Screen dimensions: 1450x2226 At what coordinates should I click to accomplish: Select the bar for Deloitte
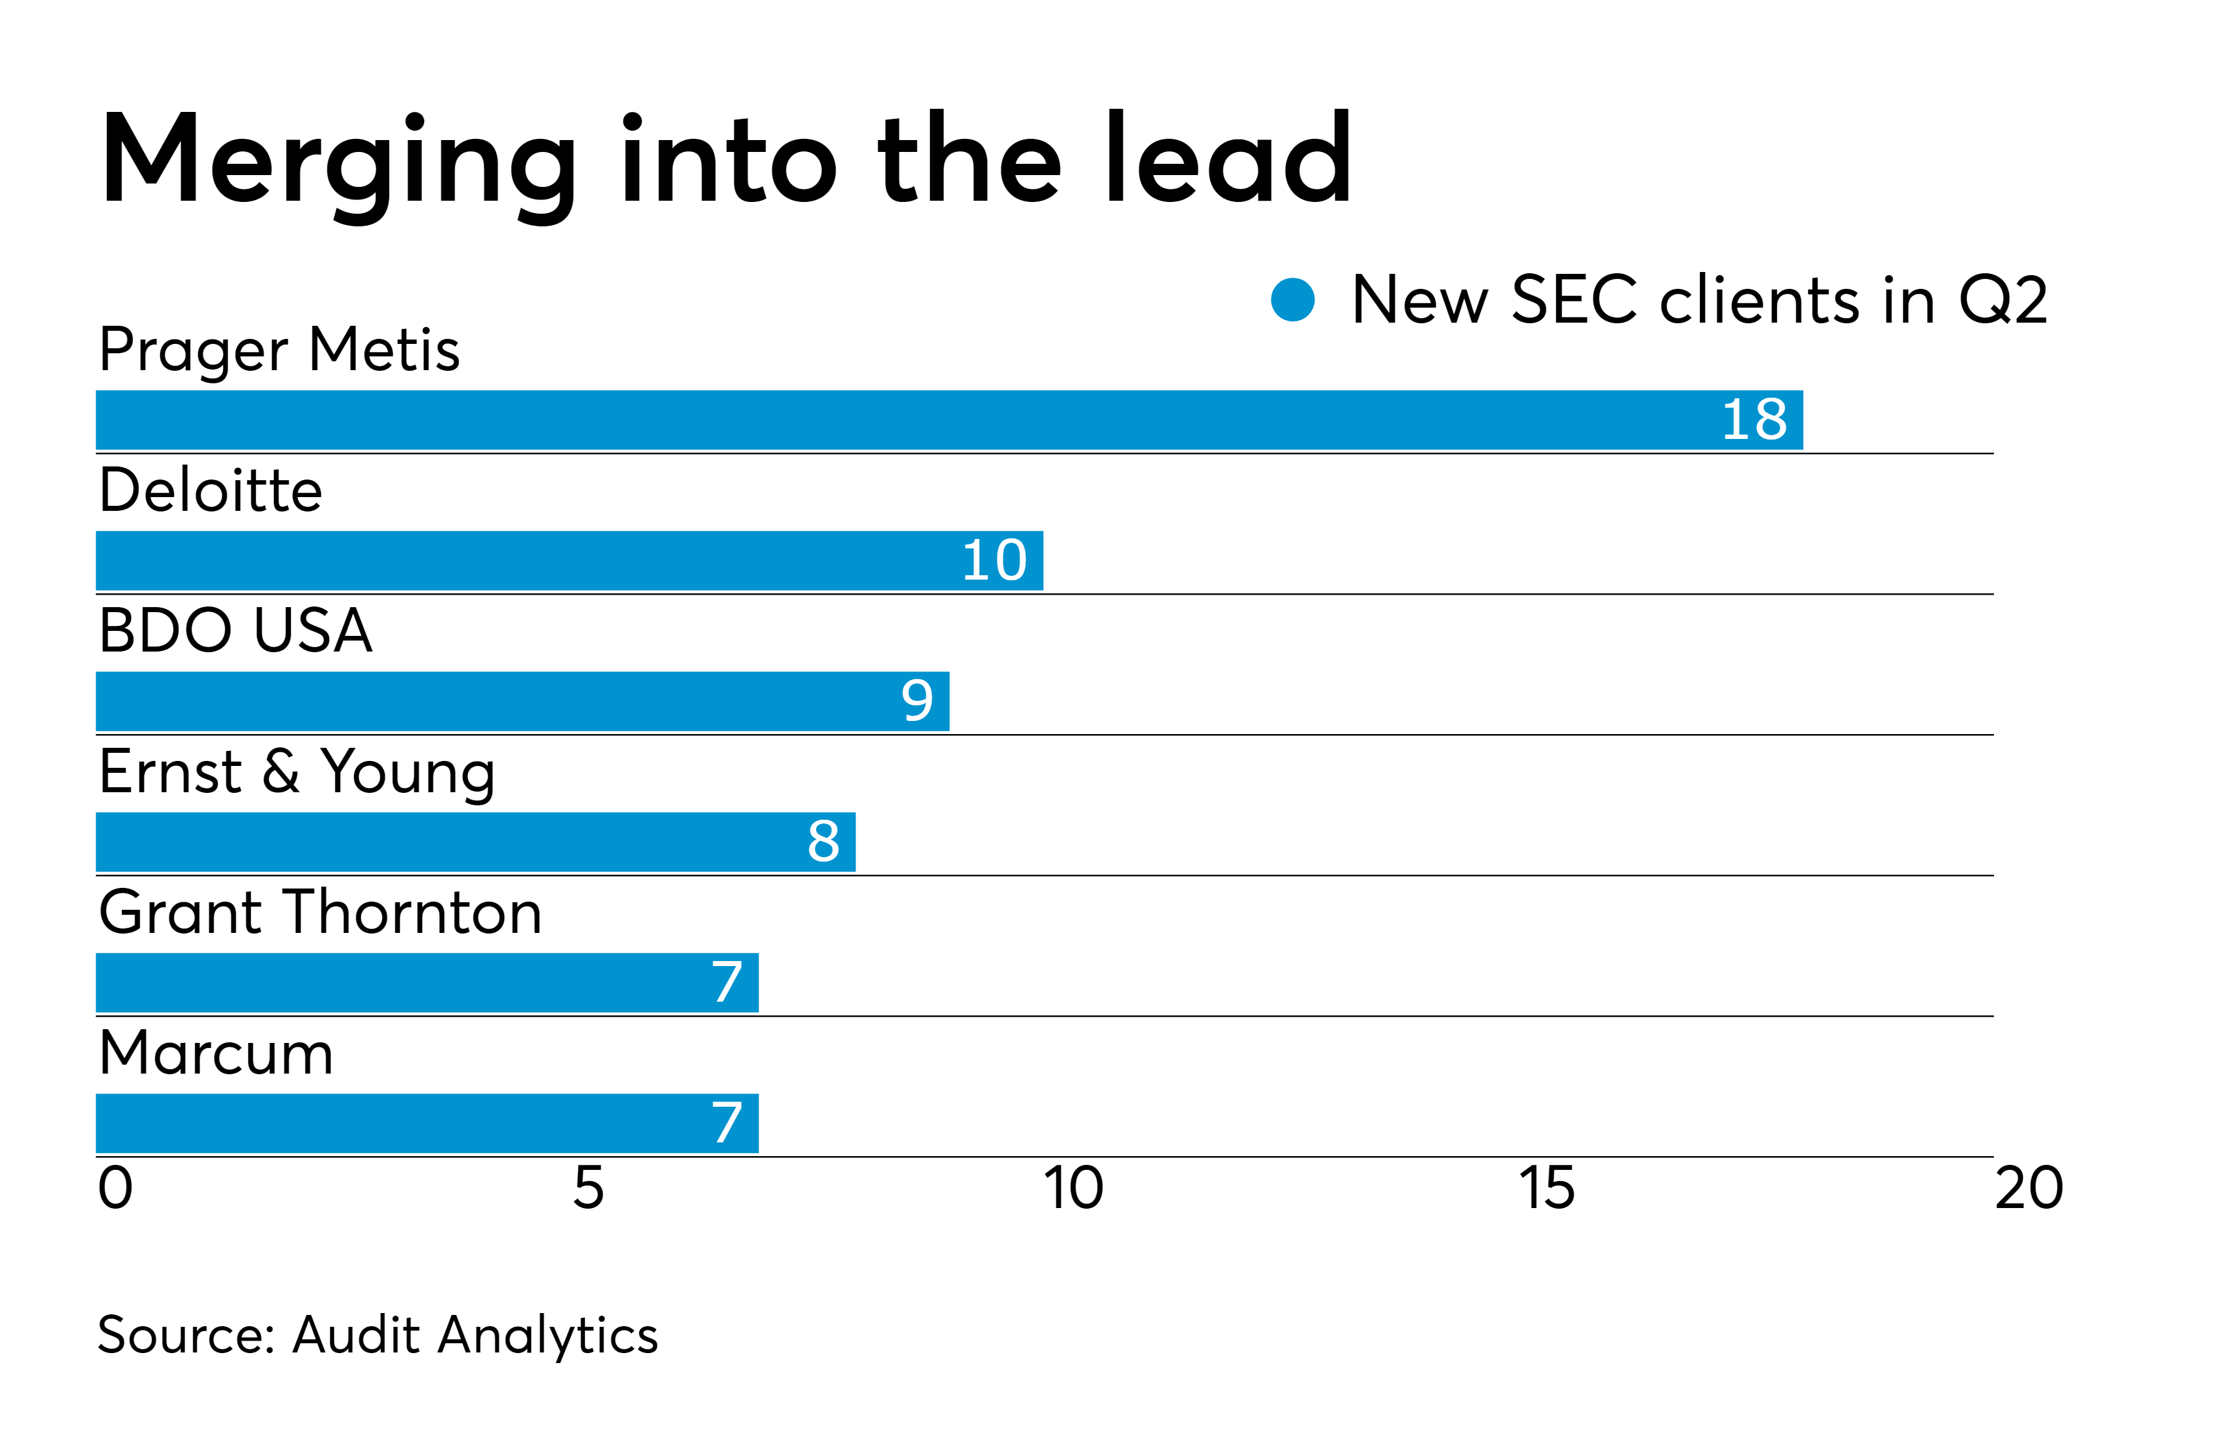pyautogui.click(x=569, y=560)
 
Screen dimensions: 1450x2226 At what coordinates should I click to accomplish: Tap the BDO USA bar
pyautogui.click(x=522, y=701)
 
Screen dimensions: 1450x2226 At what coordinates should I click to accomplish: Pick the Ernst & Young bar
pyautogui.click(x=475, y=842)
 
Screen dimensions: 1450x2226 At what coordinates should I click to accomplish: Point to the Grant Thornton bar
pyautogui.click(x=427, y=982)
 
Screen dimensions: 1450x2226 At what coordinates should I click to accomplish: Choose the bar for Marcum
pyautogui.click(x=427, y=1123)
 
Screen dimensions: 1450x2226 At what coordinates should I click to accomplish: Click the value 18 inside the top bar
pyautogui.click(x=1754, y=420)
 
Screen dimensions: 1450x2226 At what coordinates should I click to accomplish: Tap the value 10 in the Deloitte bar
pyautogui.click(x=994, y=560)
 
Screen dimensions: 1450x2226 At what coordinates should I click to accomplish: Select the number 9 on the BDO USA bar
pyautogui.click(x=916, y=701)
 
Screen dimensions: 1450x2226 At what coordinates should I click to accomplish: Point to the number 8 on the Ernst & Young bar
pyautogui.click(x=823, y=842)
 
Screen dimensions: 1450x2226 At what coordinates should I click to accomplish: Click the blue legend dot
pyautogui.click(x=1293, y=300)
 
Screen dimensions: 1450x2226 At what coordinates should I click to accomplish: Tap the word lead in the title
pyautogui.click(x=1227, y=157)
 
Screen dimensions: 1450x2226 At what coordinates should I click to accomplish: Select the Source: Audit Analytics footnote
pyautogui.click(x=378, y=1334)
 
